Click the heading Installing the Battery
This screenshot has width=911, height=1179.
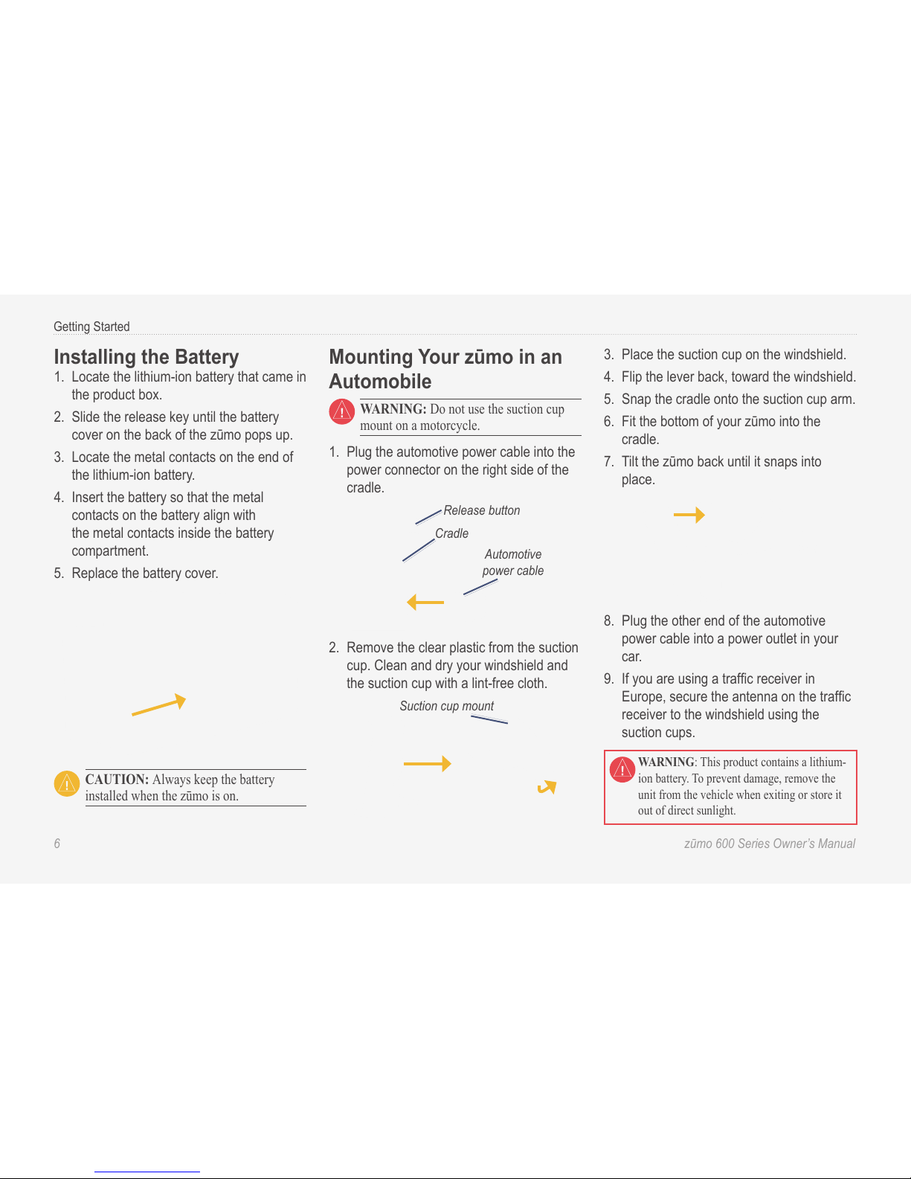coord(147,357)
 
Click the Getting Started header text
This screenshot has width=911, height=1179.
coord(91,327)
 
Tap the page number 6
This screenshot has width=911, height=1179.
coord(57,843)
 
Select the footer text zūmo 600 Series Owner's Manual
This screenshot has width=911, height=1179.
coord(770,843)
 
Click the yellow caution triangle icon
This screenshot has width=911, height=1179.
coord(67,783)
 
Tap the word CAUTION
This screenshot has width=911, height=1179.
coord(117,779)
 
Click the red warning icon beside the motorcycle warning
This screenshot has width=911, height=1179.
coord(341,412)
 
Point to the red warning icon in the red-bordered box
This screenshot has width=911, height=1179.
coord(622,769)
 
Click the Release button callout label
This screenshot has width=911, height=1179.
coord(482,510)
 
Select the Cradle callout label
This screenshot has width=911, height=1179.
coord(451,533)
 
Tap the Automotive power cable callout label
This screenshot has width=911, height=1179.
coord(513,562)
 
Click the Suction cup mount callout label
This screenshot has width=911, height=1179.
coord(447,706)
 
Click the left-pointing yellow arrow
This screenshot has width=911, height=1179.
coord(425,603)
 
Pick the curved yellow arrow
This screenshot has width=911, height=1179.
coord(547,787)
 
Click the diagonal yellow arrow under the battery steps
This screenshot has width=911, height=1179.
coord(159,704)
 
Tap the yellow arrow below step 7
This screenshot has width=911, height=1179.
coord(689,515)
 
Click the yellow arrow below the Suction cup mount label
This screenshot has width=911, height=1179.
coord(428,764)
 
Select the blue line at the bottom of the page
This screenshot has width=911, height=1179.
coord(147,1172)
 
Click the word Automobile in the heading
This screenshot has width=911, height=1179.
coord(380,382)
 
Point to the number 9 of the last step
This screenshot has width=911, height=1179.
coord(608,678)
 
